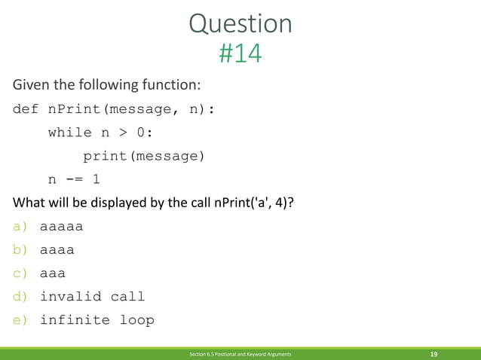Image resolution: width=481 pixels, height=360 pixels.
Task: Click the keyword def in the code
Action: (x=25, y=109)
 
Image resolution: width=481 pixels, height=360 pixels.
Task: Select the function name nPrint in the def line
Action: (x=74, y=109)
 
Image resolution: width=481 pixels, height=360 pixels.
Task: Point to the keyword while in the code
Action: (x=69, y=133)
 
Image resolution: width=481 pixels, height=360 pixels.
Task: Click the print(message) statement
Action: (x=143, y=156)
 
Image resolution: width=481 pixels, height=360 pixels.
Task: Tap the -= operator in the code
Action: (x=74, y=179)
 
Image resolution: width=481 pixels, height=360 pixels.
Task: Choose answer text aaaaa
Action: (x=61, y=226)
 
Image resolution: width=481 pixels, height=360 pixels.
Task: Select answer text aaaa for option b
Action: (x=57, y=249)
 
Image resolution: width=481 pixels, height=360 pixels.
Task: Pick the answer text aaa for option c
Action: (x=53, y=273)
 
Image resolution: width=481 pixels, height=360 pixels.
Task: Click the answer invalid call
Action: (x=92, y=297)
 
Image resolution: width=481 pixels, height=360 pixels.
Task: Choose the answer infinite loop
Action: (x=97, y=320)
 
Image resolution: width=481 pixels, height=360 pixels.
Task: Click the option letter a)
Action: (x=20, y=226)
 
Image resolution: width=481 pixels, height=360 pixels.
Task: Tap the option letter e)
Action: (x=20, y=320)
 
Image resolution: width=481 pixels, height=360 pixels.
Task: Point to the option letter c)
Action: (x=20, y=273)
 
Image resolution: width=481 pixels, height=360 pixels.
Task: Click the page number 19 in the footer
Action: (x=434, y=353)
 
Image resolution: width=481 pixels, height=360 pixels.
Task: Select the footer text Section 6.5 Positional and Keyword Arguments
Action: (x=240, y=353)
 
